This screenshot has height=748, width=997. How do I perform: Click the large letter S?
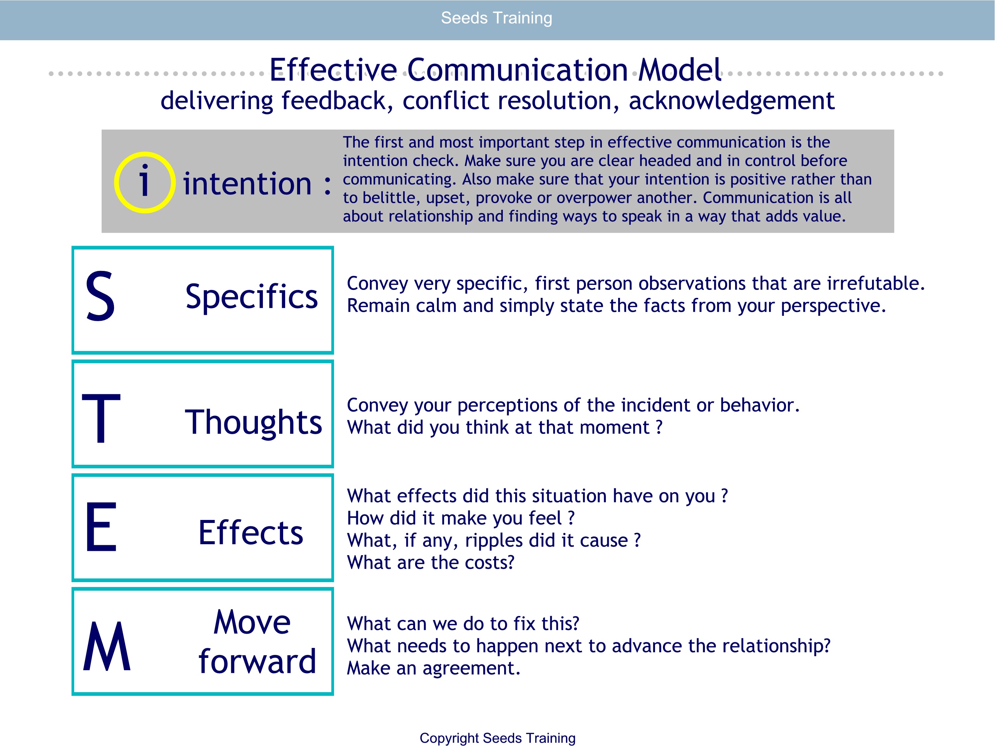pyautogui.click(x=100, y=296)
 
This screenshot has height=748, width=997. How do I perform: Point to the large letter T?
pyautogui.click(x=101, y=418)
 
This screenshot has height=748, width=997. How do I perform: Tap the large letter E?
pyautogui.click(x=101, y=527)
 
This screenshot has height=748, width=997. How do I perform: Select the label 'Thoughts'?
pyautogui.click(x=253, y=423)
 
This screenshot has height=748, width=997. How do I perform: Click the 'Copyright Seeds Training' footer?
pyautogui.click(x=498, y=738)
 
